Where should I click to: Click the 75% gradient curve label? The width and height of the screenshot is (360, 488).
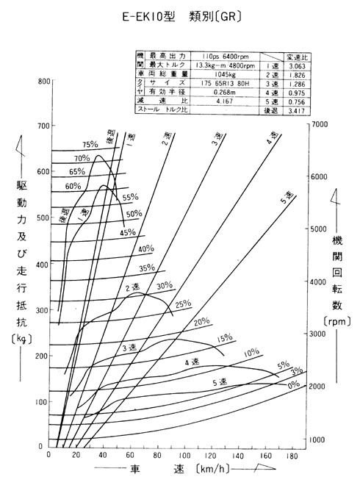point(90,145)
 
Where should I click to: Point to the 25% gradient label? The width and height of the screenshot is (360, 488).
point(183,303)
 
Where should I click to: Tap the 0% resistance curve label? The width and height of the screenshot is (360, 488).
point(294,384)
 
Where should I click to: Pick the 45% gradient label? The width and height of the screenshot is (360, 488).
point(129,232)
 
